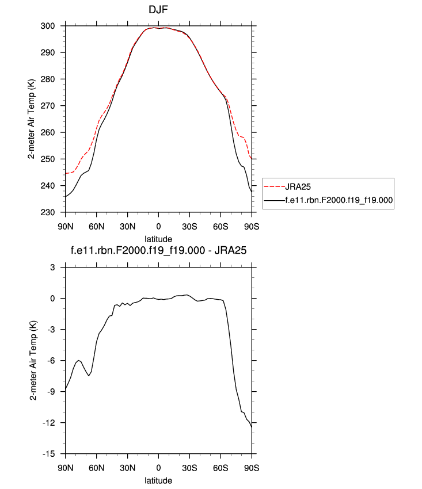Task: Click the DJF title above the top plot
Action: pos(158,10)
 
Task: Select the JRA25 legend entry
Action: pos(299,186)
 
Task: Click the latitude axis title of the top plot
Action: pos(158,238)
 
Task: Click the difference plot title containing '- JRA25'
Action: pos(158,250)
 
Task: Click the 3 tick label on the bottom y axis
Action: pos(59,267)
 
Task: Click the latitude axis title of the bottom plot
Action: pos(158,479)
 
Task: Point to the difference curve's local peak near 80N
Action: pos(78,360)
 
